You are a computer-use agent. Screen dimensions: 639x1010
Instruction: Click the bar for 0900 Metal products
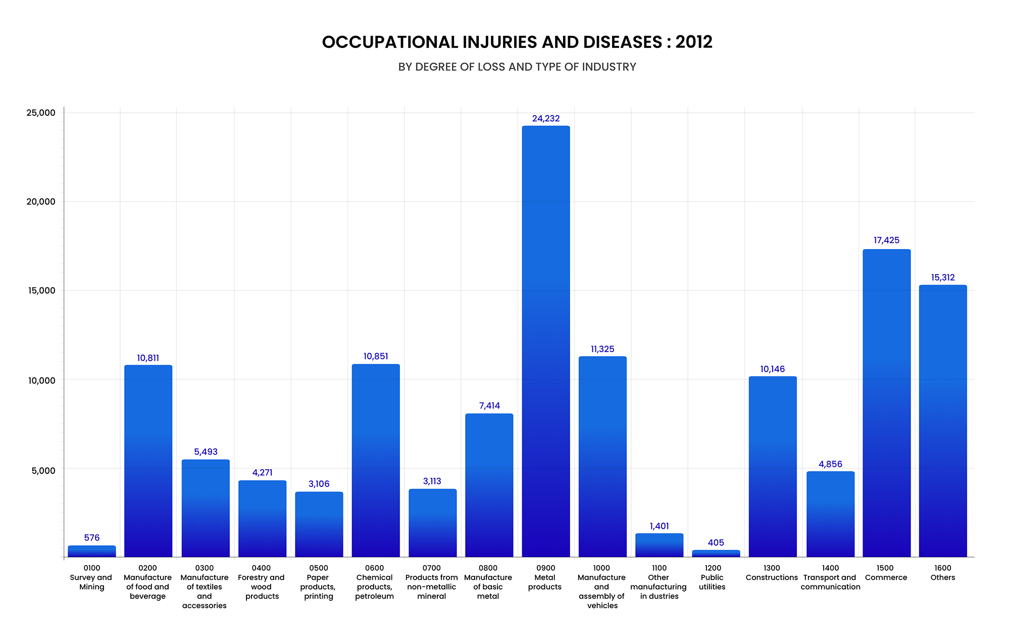pyautogui.click(x=546, y=341)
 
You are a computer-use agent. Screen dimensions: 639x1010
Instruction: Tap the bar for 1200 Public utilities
pyautogui.click(x=716, y=554)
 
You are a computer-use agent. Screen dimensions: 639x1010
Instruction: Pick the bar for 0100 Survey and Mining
pyautogui.click(x=92, y=551)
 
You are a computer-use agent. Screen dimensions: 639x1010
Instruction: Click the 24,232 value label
pyautogui.click(x=546, y=119)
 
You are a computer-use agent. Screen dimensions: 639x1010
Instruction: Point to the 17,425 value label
pyautogui.click(x=886, y=240)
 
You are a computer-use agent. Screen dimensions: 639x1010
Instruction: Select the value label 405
pyautogui.click(x=716, y=543)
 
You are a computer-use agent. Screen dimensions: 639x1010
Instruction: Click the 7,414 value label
pyautogui.click(x=489, y=406)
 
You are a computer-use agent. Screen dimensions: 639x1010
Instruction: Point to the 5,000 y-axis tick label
pyautogui.click(x=43, y=470)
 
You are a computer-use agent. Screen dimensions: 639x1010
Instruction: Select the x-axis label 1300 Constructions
pyautogui.click(x=772, y=573)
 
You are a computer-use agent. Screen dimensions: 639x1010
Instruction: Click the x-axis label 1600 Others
pyautogui.click(x=943, y=573)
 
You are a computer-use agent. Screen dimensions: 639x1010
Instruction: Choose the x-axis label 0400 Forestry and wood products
pyautogui.click(x=262, y=582)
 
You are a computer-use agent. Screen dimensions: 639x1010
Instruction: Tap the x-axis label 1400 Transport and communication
pyautogui.click(x=830, y=577)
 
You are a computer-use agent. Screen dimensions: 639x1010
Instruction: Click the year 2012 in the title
pyautogui.click(x=694, y=42)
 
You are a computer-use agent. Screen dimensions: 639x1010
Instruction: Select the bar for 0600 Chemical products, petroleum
pyautogui.click(x=376, y=461)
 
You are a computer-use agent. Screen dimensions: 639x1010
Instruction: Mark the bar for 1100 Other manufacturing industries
pyautogui.click(x=659, y=545)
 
